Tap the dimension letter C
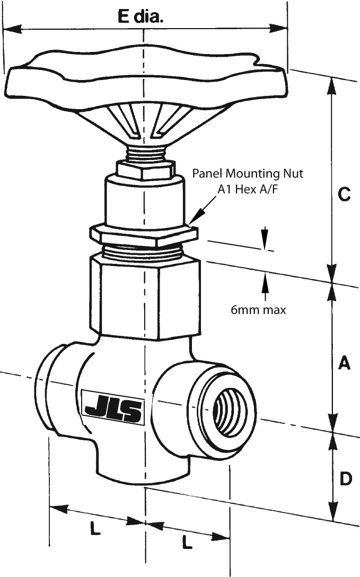[344, 194]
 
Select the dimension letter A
[344, 363]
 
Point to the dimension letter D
[345, 479]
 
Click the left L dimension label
[95, 528]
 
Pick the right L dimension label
[187, 542]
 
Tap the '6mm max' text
[258, 310]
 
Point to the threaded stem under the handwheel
[144, 154]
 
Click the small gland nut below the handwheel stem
[145, 170]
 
